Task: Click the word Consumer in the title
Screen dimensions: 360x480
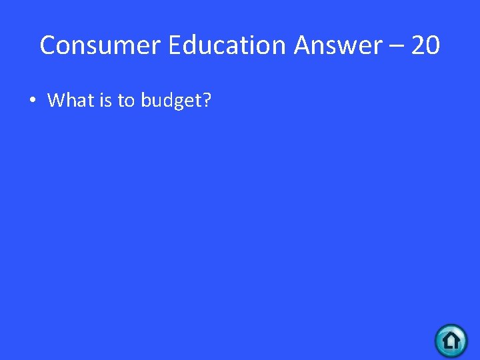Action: [101, 45]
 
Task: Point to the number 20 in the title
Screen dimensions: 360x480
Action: [425, 45]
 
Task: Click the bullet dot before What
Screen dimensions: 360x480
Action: [31, 101]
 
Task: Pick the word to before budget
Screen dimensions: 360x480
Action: [126, 101]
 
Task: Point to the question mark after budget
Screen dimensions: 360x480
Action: [207, 101]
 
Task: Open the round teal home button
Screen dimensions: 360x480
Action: [451, 341]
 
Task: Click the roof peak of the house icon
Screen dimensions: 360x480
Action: [451, 332]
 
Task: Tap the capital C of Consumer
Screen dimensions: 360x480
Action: [47, 45]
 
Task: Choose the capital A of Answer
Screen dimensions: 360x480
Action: [304, 45]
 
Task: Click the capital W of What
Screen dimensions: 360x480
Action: [56, 101]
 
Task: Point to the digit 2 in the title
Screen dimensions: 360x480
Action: [418, 45]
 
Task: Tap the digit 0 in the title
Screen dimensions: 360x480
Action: [433, 45]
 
